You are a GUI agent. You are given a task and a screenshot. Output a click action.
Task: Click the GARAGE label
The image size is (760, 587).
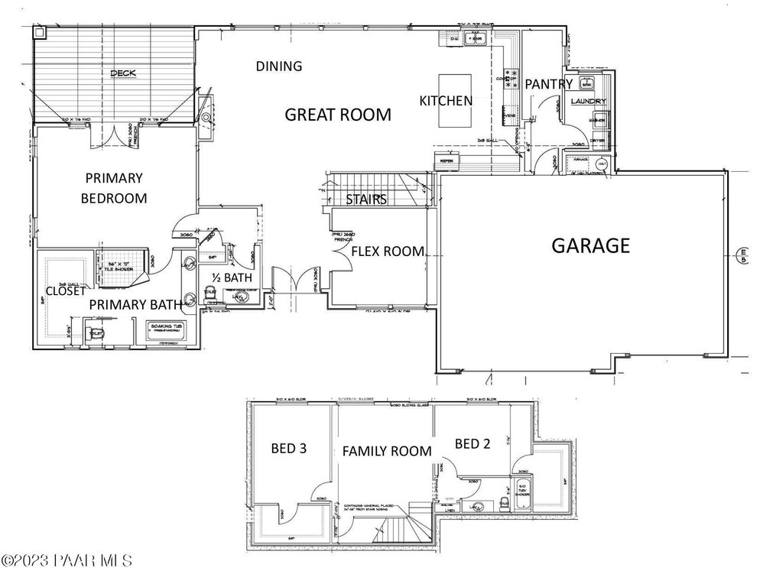point(591,246)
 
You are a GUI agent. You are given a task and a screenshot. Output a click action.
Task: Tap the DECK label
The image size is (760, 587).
point(122,73)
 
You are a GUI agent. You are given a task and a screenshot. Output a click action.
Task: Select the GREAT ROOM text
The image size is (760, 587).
point(337,115)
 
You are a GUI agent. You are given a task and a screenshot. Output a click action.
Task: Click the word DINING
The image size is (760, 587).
point(279,66)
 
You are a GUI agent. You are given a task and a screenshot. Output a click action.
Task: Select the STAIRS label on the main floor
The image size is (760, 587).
point(365,199)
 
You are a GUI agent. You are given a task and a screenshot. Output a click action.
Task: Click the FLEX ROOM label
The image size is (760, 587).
point(388,251)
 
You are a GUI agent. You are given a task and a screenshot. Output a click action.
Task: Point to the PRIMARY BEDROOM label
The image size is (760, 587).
point(115,188)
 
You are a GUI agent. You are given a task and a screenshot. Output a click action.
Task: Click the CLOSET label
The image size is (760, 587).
point(66,290)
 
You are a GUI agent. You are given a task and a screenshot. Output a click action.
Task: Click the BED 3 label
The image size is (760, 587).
point(289,449)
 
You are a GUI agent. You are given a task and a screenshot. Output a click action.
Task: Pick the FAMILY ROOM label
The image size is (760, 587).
point(386,451)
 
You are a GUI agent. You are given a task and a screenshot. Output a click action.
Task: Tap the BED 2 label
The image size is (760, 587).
point(472,443)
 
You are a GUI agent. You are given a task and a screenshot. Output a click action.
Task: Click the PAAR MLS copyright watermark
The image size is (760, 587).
point(67,562)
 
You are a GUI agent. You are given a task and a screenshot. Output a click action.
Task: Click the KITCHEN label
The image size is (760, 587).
point(446,100)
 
